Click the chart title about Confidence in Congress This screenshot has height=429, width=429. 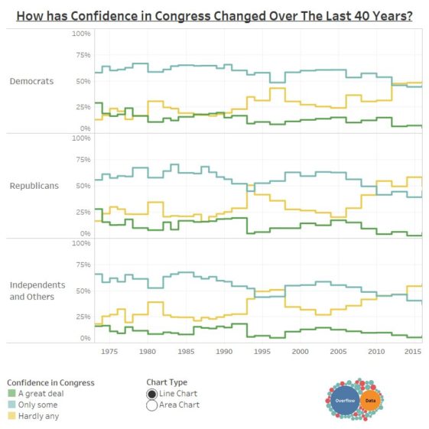tap(214, 15)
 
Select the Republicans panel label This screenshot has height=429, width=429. tap(34, 186)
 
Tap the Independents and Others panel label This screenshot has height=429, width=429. tap(37, 291)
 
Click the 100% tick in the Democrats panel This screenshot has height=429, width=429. tap(81, 34)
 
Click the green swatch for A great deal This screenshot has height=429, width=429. tap(11, 394)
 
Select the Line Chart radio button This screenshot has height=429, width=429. tap(151, 394)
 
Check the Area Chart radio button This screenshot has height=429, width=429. tap(151, 405)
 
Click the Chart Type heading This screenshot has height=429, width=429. tap(167, 382)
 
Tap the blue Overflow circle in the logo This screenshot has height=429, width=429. tap(345, 401)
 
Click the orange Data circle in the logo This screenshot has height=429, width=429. tap(370, 401)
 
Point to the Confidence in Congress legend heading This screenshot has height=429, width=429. tap(50, 382)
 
